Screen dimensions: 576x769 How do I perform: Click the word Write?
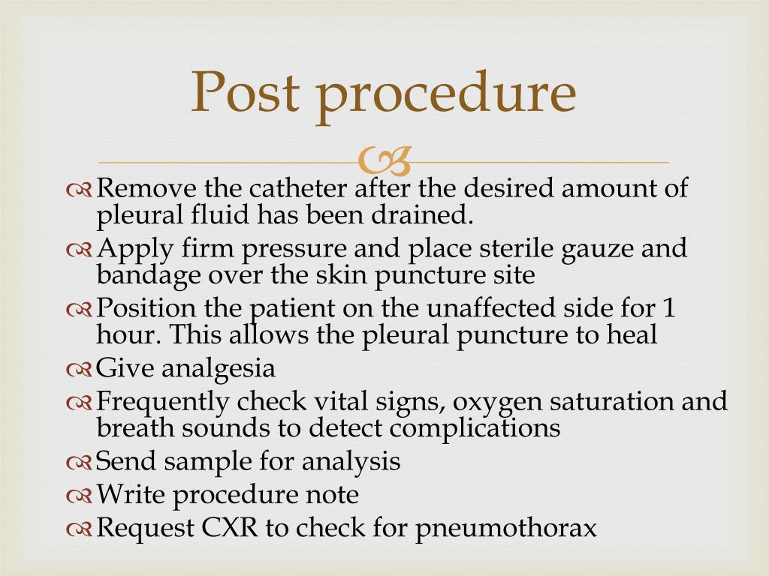point(125,494)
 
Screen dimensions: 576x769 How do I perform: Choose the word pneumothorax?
point(507,529)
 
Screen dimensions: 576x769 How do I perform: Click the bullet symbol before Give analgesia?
point(79,370)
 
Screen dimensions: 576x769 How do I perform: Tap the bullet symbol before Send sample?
point(79,463)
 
